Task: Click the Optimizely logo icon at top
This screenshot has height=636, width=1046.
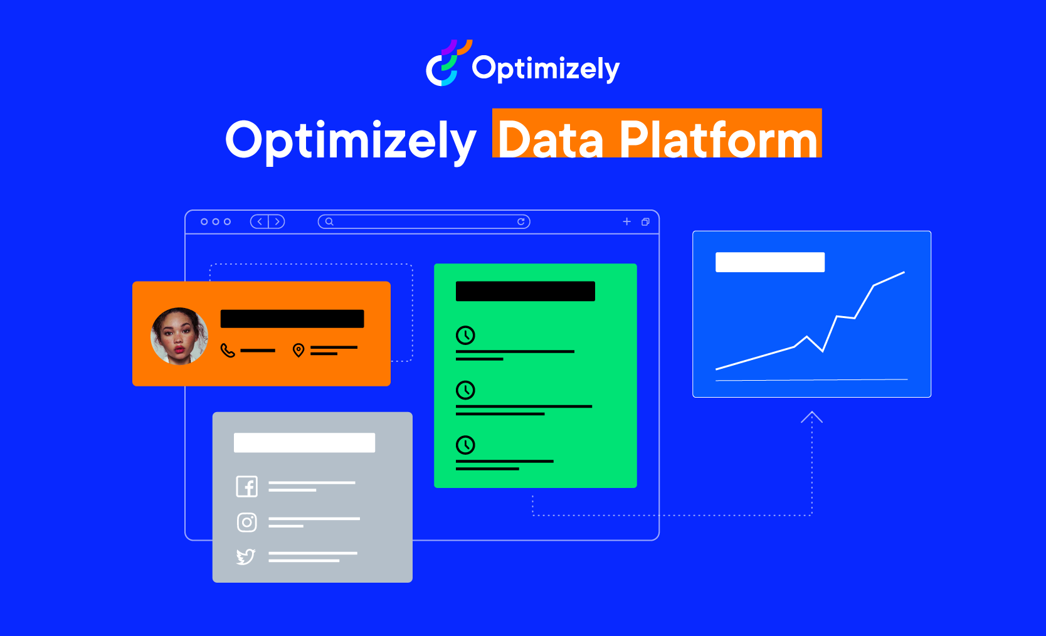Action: [446, 64]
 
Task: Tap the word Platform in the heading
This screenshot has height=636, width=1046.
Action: [718, 139]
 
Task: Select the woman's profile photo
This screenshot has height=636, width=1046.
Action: [179, 336]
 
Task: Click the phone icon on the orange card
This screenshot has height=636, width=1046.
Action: [228, 350]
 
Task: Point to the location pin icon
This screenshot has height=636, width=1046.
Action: [298, 350]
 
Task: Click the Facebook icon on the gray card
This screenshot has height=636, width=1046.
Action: [247, 486]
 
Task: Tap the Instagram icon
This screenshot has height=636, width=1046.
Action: [247, 522]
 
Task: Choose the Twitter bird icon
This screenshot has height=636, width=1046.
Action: [246, 556]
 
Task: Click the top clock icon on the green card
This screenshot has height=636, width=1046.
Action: [465, 335]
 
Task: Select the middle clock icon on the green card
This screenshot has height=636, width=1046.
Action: [465, 390]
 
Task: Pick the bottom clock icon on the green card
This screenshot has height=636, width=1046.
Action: [465, 445]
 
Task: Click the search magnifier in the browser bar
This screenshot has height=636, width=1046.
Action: [329, 221]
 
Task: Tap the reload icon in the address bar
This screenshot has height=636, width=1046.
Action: [520, 221]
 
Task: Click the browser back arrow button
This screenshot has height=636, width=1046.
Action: [260, 221]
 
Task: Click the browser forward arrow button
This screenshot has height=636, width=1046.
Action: [277, 221]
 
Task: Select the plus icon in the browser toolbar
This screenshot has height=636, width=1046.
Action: [626, 221]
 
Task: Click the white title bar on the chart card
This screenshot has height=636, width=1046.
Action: [769, 262]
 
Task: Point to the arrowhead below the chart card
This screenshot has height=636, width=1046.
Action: [811, 416]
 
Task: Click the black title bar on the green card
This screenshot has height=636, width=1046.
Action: [525, 291]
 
